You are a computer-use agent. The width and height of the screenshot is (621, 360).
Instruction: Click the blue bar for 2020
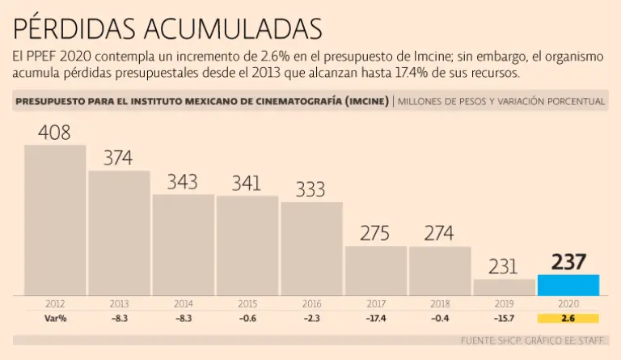pos(568,285)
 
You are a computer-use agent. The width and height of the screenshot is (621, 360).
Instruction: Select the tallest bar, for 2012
pos(55,220)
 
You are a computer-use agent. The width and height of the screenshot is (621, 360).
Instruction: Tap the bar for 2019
pos(504,287)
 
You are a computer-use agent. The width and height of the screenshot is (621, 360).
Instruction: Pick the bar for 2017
pos(376,270)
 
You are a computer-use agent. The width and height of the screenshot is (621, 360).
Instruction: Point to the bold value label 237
pos(568,261)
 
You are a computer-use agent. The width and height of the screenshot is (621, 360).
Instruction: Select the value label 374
pos(118,158)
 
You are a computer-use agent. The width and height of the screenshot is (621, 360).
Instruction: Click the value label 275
pos(375,234)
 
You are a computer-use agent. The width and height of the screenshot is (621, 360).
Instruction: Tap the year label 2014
pos(183,304)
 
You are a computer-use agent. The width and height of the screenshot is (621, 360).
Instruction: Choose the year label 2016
pos(311,304)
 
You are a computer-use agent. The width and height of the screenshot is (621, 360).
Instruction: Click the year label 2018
pos(439,304)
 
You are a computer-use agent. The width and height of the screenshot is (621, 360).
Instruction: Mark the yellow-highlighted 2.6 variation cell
pos(568,318)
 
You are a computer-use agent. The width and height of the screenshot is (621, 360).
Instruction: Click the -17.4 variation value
pos(375,318)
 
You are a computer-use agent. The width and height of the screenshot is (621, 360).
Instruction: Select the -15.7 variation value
pos(504,318)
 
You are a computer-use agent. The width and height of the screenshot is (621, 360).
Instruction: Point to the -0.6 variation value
pos(247,318)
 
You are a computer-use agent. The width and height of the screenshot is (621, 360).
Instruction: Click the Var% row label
pos(55,318)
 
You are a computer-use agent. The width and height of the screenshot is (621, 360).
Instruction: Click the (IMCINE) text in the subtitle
pos(364,102)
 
